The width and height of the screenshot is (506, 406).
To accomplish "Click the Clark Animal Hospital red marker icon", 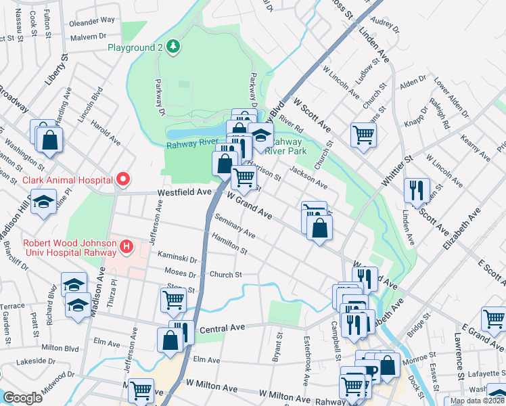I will [x=122, y=179].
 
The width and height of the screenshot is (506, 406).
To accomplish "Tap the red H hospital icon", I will [x=126, y=248].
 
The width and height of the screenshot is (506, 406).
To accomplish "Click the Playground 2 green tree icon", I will [x=174, y=47].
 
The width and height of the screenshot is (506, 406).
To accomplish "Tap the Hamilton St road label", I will [x=229, y=244].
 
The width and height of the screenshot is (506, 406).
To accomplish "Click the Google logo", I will [x=22, y=398].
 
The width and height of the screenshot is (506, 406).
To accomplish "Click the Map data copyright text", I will [x=476, y=401].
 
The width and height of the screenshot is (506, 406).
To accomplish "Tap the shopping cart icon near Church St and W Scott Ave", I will [x=363, y=135].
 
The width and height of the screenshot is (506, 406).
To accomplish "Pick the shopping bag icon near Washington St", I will [x=49, y=139].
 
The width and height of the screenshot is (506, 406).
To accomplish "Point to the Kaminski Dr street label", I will [x=177, y=259].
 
